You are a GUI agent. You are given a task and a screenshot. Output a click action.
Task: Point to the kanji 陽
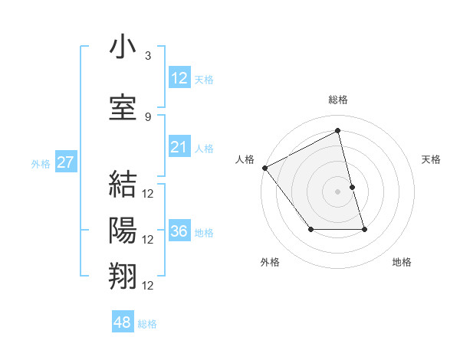pyautogui.click(x=123, y=230)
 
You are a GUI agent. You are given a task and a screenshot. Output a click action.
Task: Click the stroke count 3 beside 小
pyautogui.click(x=148, y=56)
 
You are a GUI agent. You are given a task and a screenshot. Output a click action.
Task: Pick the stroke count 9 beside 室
pyautogui.click(x=148, y=116)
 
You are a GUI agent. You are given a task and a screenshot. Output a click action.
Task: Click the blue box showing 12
pyautogui.click(x=179, y=77)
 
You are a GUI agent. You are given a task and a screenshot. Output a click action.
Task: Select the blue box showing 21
pyautogui.click(x=179, y=147)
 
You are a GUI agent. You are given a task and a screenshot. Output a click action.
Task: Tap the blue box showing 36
pyautogui.click(x=179, y=231)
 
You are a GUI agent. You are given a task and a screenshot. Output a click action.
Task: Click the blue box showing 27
pyautogui.click(x=66, y=162)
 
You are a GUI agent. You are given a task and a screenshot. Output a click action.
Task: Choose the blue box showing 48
pyautogui.click(x=122, y=322)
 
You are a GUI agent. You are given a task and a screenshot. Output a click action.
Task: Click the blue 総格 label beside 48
pyautogui.click(x=147, y=324)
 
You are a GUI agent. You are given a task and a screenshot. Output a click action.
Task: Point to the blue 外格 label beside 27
pyautogui.click(x=41, y=163)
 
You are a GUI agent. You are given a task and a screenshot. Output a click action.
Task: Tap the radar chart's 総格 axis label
pyautogui.click(x=338, y=100)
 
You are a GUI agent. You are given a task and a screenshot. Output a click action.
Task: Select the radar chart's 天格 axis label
pyautogui.click(x=431, y=159)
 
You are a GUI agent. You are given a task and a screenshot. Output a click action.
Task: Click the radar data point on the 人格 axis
pyautogui.click(x=264, y=168)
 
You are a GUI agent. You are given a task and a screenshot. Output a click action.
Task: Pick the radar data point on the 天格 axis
pyautogui.click(x=352, y=187)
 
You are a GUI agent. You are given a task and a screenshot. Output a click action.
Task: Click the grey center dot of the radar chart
pyautogui.click(x=338, y=191)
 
